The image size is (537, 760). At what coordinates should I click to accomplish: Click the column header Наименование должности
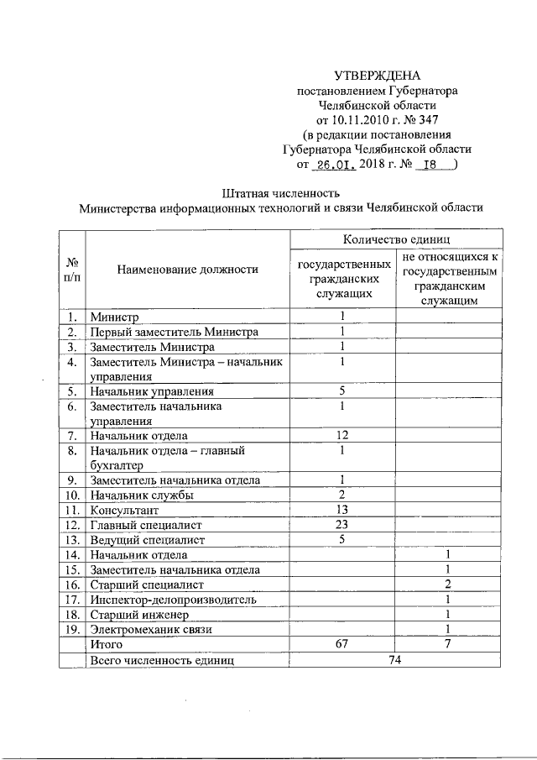(x=188, y=270)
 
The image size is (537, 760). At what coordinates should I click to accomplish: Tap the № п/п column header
(x=72, y=270)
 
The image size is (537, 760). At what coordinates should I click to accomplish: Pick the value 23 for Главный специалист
(x=342, y=524)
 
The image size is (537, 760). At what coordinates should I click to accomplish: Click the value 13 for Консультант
(x=342, y=510)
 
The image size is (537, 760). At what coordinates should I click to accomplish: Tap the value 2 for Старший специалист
(x=449, y=584)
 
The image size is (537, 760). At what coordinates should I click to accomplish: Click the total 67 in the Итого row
(x=342, y=644)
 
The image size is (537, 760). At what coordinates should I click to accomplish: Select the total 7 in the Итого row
(x=449, y=644)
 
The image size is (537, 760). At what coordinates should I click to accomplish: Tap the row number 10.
(x=72, y=495)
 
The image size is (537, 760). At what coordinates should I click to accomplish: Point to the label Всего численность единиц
(x=162, y=659)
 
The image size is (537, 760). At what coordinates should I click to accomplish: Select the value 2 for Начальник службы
(x=342, y=495)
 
